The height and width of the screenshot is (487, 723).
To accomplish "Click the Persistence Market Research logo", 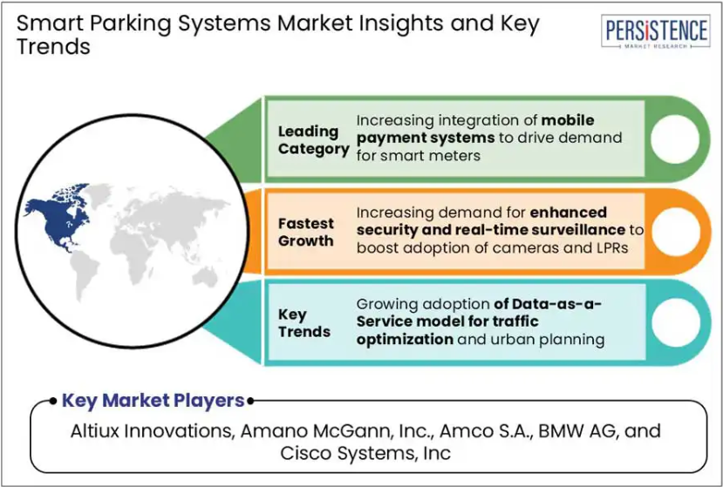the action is [x=655, y=31].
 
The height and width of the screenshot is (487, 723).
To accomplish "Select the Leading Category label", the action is [x=314, y=140].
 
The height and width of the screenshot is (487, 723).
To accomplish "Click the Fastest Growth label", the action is [x=306, y=232].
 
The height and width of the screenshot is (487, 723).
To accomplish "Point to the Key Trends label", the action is [x=304, y=323].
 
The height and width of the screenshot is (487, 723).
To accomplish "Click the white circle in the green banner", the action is [x=674, y=139].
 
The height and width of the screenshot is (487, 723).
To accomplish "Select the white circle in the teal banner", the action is [x=676, y=322].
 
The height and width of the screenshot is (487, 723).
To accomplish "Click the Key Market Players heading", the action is [x=153, y=401].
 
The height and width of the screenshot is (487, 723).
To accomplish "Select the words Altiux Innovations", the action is [x=151, y=430].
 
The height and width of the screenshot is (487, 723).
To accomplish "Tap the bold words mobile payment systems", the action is [x=475, y=130].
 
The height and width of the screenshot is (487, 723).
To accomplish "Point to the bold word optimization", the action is [x=405, y=340].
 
